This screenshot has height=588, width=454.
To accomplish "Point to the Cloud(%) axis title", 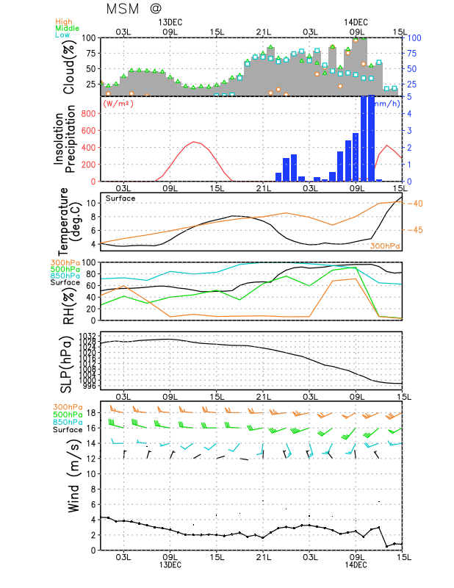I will pyautogui.click(x=70, y=66).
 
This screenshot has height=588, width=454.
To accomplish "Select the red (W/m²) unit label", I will pyautogui.click(x=119, y=104).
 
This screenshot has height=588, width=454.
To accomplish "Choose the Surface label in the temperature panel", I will pyautogui.click(x=120, y=198).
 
